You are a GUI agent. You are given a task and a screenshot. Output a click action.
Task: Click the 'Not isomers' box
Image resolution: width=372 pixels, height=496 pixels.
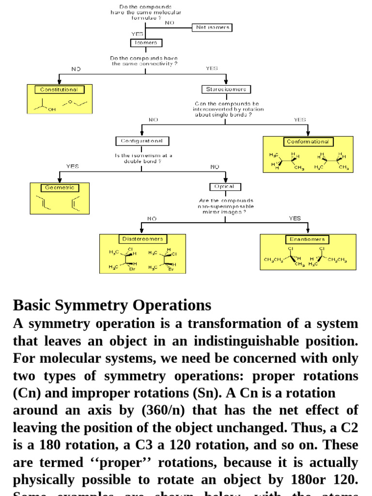click(212, 28)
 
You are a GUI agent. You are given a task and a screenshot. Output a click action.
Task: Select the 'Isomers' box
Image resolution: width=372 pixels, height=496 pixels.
click(145, 43)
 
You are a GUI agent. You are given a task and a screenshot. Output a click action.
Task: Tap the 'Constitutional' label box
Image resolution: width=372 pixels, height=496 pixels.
click(59, 90)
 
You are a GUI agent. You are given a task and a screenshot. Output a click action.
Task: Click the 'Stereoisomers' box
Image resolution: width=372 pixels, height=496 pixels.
click(226, 89)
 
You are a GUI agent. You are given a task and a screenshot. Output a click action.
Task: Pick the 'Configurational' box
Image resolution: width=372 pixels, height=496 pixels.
click(142, 141)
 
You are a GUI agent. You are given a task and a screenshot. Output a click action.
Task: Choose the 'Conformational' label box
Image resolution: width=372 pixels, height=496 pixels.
click(308, 141)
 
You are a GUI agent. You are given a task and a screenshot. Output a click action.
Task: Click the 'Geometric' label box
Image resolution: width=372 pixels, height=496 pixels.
click(60, 187)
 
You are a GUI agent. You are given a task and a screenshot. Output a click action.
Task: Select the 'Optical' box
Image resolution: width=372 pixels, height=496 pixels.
click(225, 186)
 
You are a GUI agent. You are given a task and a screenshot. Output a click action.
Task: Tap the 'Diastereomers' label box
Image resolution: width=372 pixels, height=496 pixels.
click(142, 239)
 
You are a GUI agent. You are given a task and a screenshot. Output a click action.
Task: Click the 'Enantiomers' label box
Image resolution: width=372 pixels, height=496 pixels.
click(308, 239)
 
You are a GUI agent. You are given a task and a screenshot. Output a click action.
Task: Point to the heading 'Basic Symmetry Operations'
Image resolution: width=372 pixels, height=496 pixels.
click(112, 305)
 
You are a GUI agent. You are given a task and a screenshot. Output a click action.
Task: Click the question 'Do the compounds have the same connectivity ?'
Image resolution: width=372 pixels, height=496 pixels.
click(145, 61)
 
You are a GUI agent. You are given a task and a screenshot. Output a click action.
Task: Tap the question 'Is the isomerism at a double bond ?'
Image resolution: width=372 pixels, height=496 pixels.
click(143, 158)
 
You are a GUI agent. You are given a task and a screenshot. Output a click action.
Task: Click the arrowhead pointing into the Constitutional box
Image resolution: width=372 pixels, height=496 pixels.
click(59, 82)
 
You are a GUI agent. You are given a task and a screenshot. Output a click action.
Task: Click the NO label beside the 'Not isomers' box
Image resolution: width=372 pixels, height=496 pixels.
click(170, 22)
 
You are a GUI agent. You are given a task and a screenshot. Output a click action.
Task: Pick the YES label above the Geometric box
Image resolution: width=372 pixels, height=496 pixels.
click(72, 166)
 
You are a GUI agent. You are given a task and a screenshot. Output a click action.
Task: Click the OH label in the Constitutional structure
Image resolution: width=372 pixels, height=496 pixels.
click(52, 110)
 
